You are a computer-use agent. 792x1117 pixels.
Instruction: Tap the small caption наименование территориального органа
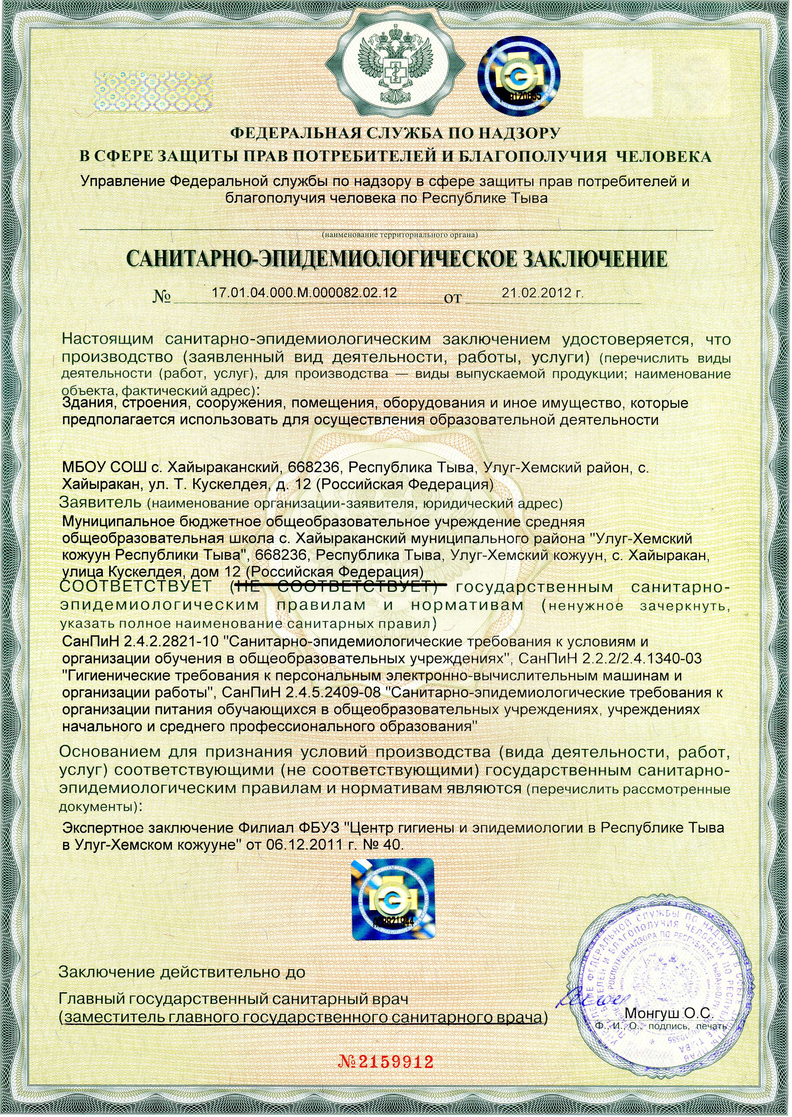click(x=399, y=235)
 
